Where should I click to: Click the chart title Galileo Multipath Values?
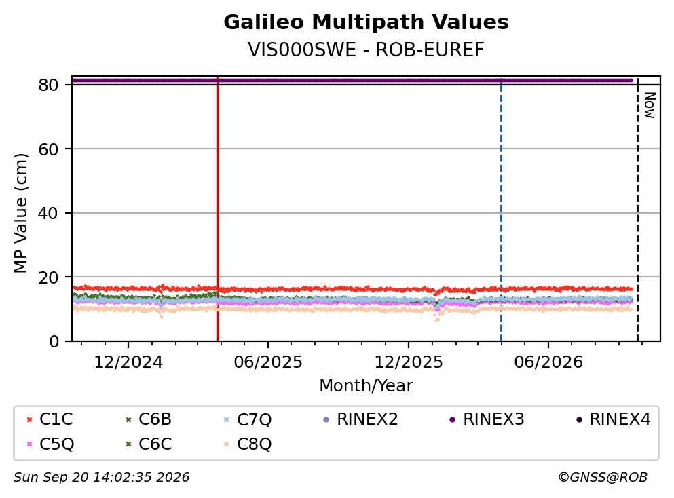click(x=366, y=22)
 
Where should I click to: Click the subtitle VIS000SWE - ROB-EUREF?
click(x=366, y=50)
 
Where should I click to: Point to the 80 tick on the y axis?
click(x=48, y=85)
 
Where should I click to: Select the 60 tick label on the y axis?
click(x=48, y=149)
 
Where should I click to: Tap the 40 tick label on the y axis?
click(x=48, y=213)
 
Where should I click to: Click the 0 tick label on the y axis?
click(x=54, y=341)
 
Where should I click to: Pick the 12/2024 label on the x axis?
click(x=128, y=362)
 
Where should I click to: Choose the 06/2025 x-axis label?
click(x=268, y=362)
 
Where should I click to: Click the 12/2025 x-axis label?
click(x=409, y=362)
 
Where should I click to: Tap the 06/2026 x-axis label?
click(x=548, y=362)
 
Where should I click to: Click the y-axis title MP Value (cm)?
click(x=20, y=213)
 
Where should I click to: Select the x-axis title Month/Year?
click(x=366, y=386)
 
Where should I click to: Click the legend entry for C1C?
click(x=50, y=419)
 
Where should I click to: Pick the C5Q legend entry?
click(x=50, y=444)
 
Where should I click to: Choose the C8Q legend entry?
click(x=248, y=444)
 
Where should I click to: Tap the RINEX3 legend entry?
click(x=487, y=419)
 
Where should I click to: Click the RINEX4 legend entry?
click(x=614, y=419)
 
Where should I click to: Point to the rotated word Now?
click(x=650, y=105)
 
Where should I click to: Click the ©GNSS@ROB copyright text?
click(x=603, y=477)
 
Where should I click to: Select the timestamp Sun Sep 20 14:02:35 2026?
click(x=101, y=477)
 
